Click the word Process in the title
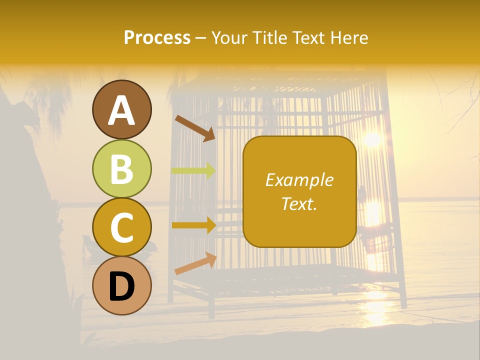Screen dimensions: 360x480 pos(157,37)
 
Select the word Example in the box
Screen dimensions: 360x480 pos(299,180)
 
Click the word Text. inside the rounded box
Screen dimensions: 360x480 pos(299,203)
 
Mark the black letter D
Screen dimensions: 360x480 pos(121,286)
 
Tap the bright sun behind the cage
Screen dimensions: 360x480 pos(372,139)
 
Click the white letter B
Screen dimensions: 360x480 pos(121,169)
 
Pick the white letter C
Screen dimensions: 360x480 pos(121,227)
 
